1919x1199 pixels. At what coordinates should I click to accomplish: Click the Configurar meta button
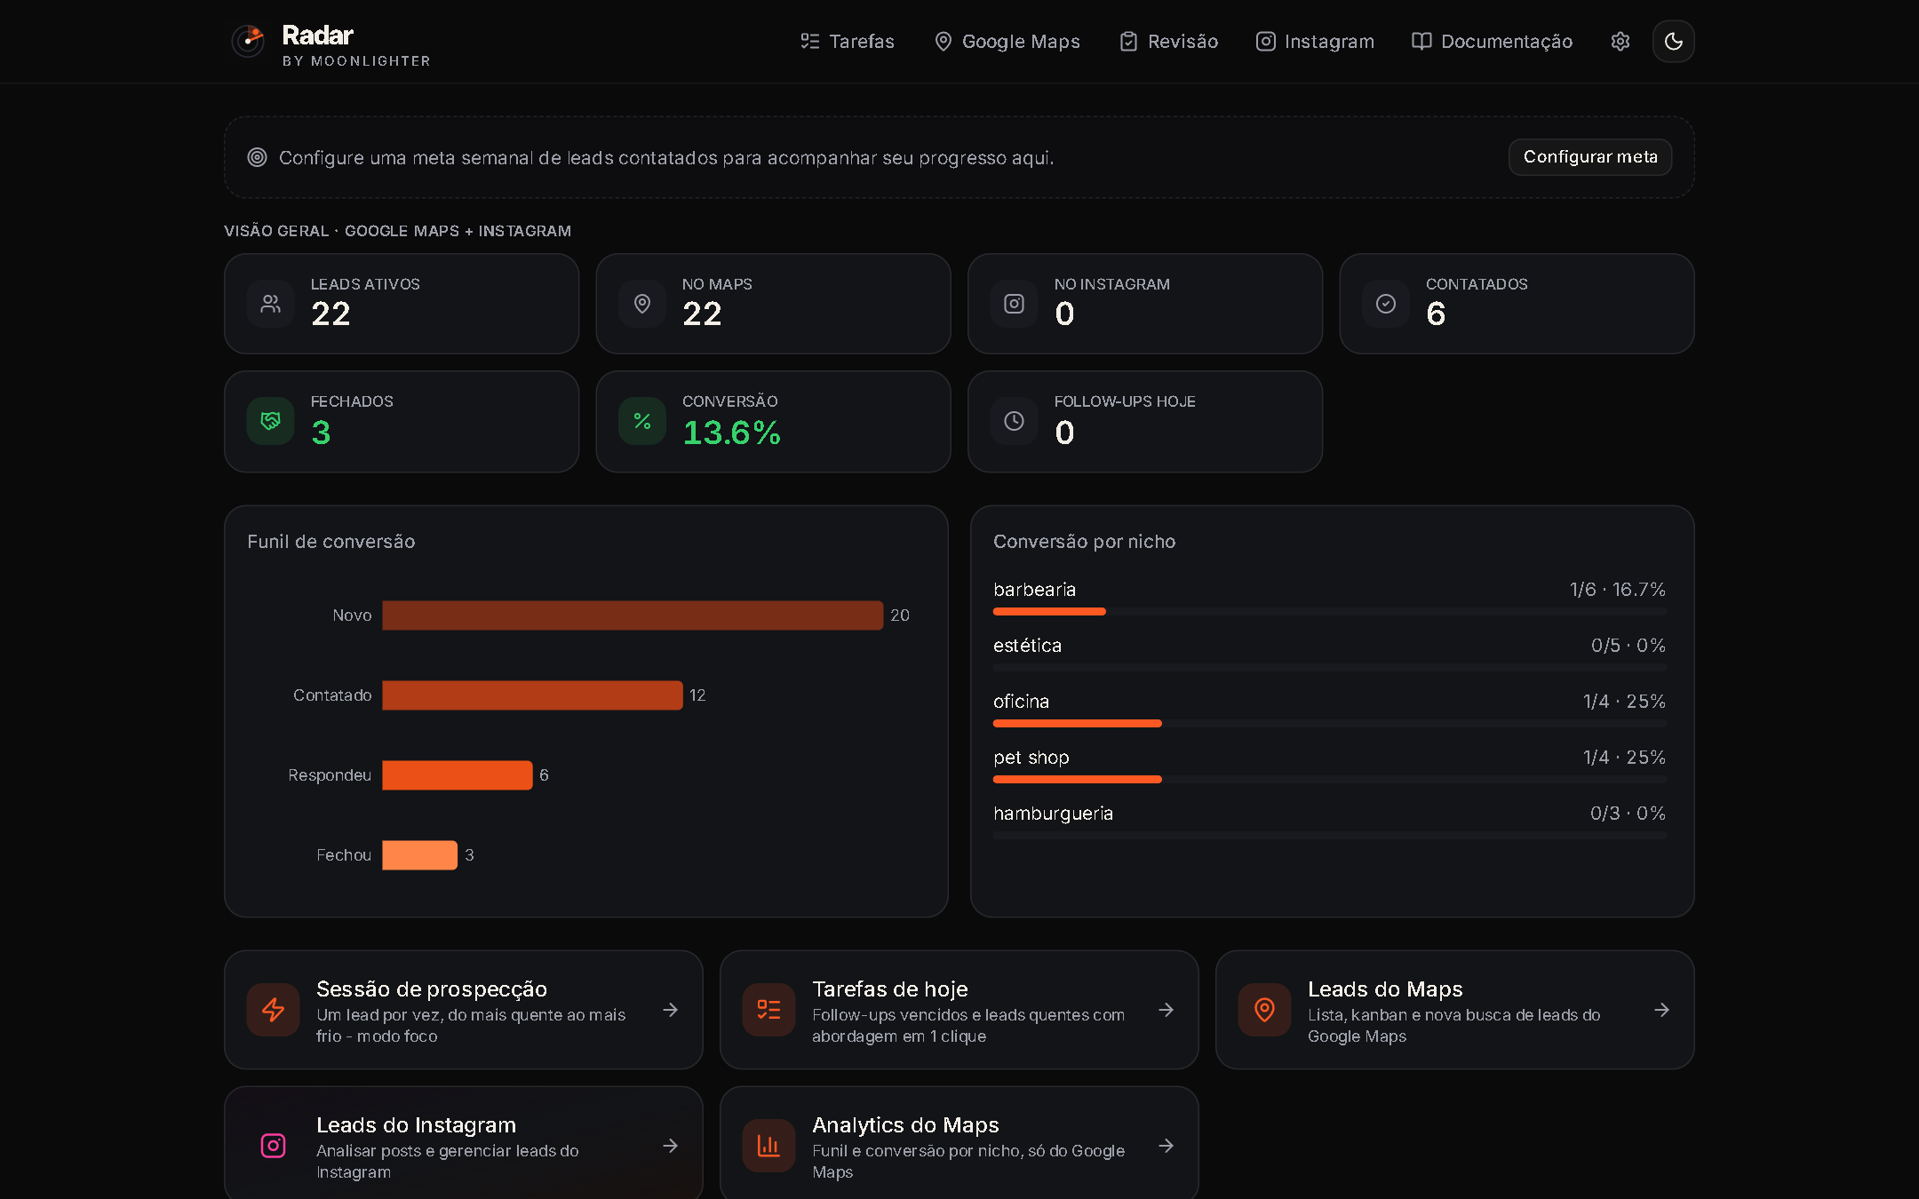(x=1590, y=157)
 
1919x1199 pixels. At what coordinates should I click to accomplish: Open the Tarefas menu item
(x=848, y=42)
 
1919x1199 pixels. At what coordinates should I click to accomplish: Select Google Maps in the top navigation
(x=1007, y=42)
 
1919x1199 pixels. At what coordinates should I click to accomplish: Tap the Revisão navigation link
(x=1168, y=42)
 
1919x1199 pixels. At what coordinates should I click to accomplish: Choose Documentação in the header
(x=1493, y=42)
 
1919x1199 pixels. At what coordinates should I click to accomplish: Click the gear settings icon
(x=1620, y=42)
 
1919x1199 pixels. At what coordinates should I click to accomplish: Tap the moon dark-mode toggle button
(x=1674, y=42)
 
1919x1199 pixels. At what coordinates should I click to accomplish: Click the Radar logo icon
(x=248, y=41)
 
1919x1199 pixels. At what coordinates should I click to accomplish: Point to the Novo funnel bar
(x=633, y=615)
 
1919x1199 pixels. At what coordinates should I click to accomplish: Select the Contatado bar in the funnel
(x=532, y=695)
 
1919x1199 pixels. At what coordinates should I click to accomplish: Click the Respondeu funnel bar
(x=458, y=775)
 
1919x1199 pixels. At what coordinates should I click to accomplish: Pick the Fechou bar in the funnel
(x=420, y=855)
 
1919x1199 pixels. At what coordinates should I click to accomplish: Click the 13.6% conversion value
(x=731, y=433)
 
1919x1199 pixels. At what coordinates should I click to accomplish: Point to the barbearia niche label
(x=1034, y=590)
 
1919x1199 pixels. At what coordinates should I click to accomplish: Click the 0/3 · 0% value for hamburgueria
(x=1628, y=814)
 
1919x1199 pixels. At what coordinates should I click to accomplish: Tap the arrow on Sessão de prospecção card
(x=671, y=1010)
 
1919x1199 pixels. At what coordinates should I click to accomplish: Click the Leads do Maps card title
(x=1385, y=989)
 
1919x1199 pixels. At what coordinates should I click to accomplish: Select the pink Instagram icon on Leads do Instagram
(x=274, y=1146)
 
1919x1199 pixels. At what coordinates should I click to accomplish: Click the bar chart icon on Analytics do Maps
(x=768, y=1146)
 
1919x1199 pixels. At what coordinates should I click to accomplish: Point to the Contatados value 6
(x=1436, y=314)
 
